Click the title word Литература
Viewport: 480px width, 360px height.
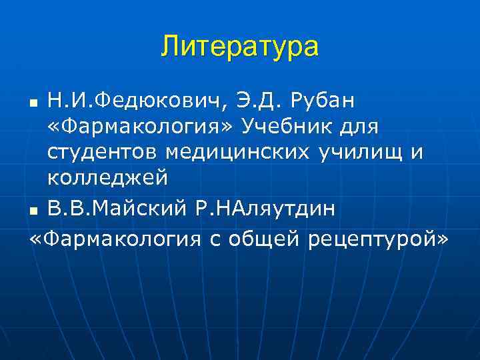coord(240,47)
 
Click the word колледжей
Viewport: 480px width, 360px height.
coord(107,179)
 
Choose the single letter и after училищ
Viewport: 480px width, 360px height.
coord(417,153)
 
